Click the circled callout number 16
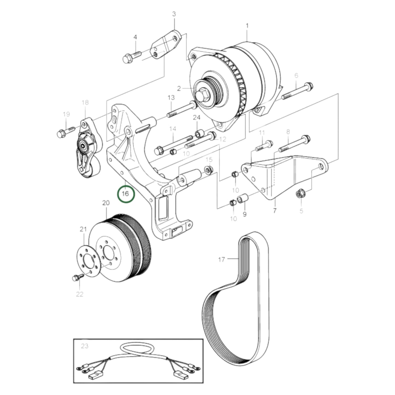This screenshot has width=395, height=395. [125, 194]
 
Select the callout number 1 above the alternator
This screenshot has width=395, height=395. [247, 26]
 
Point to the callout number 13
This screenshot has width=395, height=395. [171, 98]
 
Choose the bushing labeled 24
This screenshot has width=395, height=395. [199, 134]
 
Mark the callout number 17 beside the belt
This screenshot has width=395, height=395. [221, 259]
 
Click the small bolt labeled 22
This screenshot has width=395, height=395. [77, 277]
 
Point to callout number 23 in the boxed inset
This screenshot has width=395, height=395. [85, 346]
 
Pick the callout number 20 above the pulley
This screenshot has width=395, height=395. [106, 203]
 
